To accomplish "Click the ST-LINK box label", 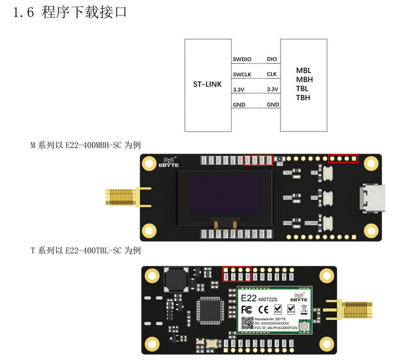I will click(207, 84).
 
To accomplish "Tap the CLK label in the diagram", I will click(272, 74).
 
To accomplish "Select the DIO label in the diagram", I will click(272, 58).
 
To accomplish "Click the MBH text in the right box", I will click(304, 79).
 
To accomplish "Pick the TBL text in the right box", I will click(302, 89).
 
